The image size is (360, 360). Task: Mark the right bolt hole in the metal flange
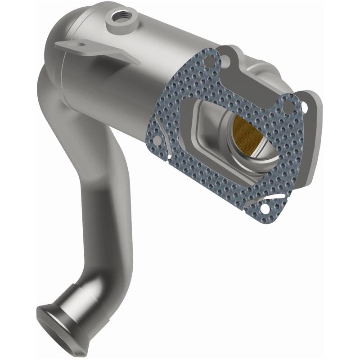tap(305, 107)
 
